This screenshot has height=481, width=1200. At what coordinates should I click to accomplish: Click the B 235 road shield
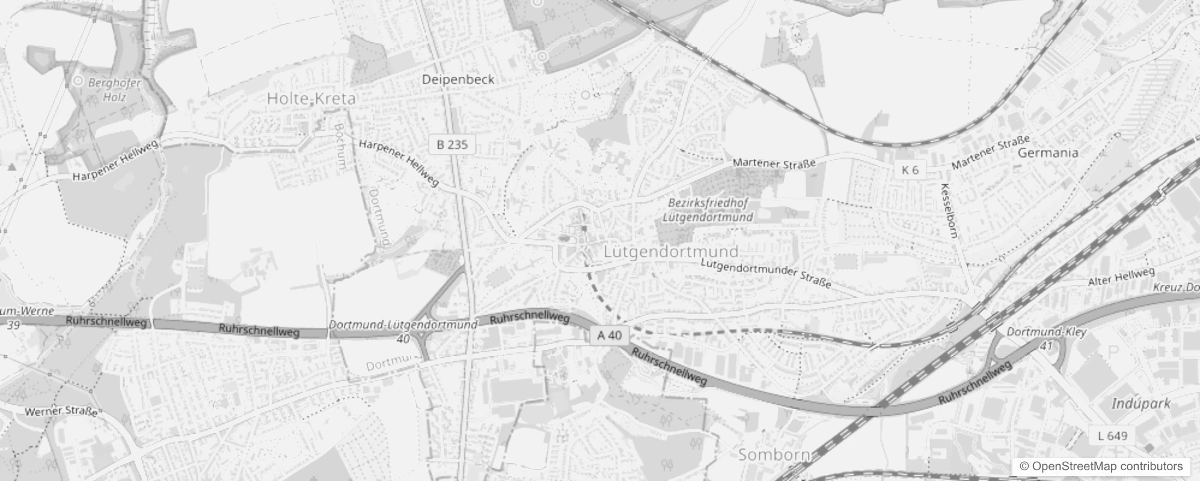click(452, 144)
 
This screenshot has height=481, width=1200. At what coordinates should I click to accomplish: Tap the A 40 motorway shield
click(610, 335)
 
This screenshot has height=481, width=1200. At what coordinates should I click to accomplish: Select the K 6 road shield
click(910, 170)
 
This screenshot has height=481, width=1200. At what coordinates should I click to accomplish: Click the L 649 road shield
click(1112, 435)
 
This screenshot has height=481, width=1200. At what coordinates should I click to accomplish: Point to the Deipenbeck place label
click(458, 79)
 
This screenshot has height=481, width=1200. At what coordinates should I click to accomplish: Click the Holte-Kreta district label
click(311, 99)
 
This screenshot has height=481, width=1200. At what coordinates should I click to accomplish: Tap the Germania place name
click(1047, 153)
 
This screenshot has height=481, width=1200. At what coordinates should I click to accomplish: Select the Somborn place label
click(774, 455)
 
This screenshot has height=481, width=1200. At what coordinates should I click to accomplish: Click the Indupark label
click(1140, 403)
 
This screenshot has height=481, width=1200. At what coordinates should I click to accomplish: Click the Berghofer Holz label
click(114, 90)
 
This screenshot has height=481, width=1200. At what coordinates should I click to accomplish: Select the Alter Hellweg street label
click(1121, 277)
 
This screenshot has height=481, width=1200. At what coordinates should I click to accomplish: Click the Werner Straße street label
click(61, 412)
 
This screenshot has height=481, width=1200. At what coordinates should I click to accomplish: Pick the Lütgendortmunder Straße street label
click(766, 272)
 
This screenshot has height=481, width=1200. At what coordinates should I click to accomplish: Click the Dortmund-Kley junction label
click(1046, 332)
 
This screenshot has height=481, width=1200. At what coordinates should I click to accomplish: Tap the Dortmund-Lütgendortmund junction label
click(403, 325)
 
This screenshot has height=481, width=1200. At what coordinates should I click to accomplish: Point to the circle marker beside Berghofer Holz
click(78, 81)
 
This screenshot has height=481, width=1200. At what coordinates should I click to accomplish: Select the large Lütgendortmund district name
click(670, 251)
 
